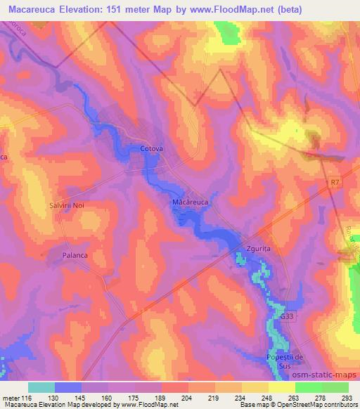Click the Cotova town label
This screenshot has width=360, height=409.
[x=152, y=149]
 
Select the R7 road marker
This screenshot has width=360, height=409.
[x=334, y=181]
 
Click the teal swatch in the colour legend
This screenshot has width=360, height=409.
[x=41, y=387]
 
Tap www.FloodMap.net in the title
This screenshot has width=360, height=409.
[x=240, y=9]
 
